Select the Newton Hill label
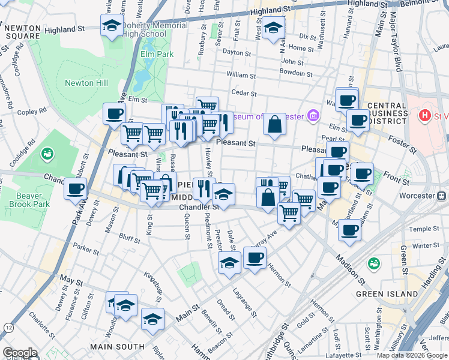pyautogui.click(x=87, y=83)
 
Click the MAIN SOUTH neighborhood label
pyautogui.click(x=117, y=346)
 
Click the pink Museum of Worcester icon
pyautogui.click(x=312, y=116)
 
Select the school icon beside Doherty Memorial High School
pyautogui.click(x=111, y=26)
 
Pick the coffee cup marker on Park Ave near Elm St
pyautogui.click(x=113, y=113)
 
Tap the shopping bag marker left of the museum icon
pyautogui.click(x=274, y=124)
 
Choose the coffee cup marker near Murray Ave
pyautogui.click(x=255, y=257)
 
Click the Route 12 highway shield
pyautogui.click(x=8, y=327)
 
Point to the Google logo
pyautogui.click(x=20, y=353)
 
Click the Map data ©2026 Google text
pyautogui.click(x=411, y=355)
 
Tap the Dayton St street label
pyautogui.click(x=236, y=52)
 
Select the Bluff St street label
pyautogui.click(x=130, y=238)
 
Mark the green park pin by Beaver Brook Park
pyautogui.click(x=47, y=155)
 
